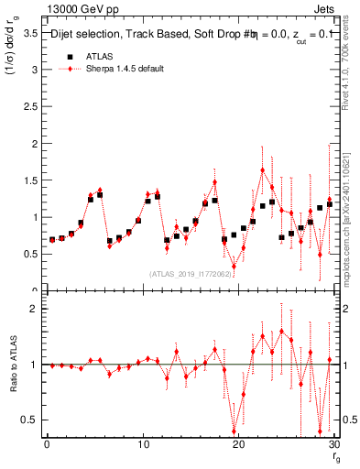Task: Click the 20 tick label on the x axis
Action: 238,445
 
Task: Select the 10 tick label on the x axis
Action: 142,445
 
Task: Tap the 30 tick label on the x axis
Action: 334,445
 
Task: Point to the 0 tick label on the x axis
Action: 47,445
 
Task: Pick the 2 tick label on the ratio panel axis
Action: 35,309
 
